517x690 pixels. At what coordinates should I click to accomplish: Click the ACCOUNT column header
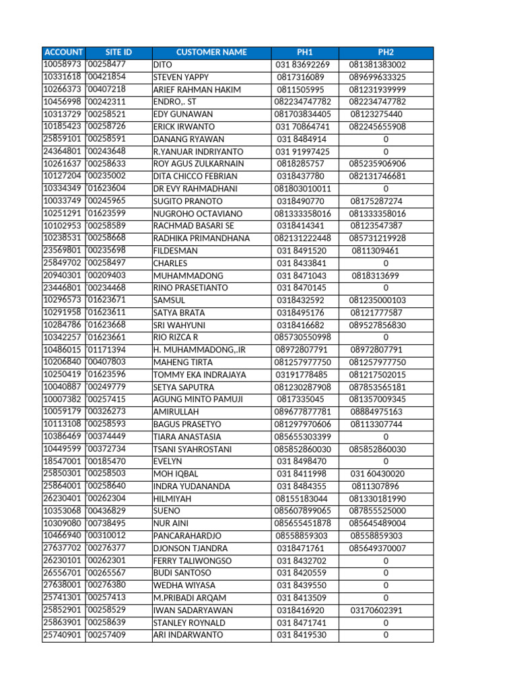click(63, 53)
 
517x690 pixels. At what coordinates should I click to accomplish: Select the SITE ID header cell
click(118, 53)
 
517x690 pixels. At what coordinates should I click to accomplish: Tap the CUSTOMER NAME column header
click(211, 53)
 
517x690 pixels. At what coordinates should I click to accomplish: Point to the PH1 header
click(305, 53)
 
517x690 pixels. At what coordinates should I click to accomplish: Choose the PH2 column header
click(386, 53)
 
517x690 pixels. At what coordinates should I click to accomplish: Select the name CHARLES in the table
click(170, 263)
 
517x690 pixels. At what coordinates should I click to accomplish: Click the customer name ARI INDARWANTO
click(188, 635)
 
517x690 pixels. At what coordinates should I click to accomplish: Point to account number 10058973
click(63, 65)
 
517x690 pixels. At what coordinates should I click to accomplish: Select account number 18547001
click(63, 462)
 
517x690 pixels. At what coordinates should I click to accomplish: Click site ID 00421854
click(107, 77)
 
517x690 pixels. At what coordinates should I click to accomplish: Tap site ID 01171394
click(107, 350)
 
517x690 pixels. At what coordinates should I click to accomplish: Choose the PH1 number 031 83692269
click(303, 65)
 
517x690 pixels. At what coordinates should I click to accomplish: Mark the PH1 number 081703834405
click(303, 115)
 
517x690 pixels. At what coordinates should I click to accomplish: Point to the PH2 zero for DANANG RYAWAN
click(386, 139)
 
